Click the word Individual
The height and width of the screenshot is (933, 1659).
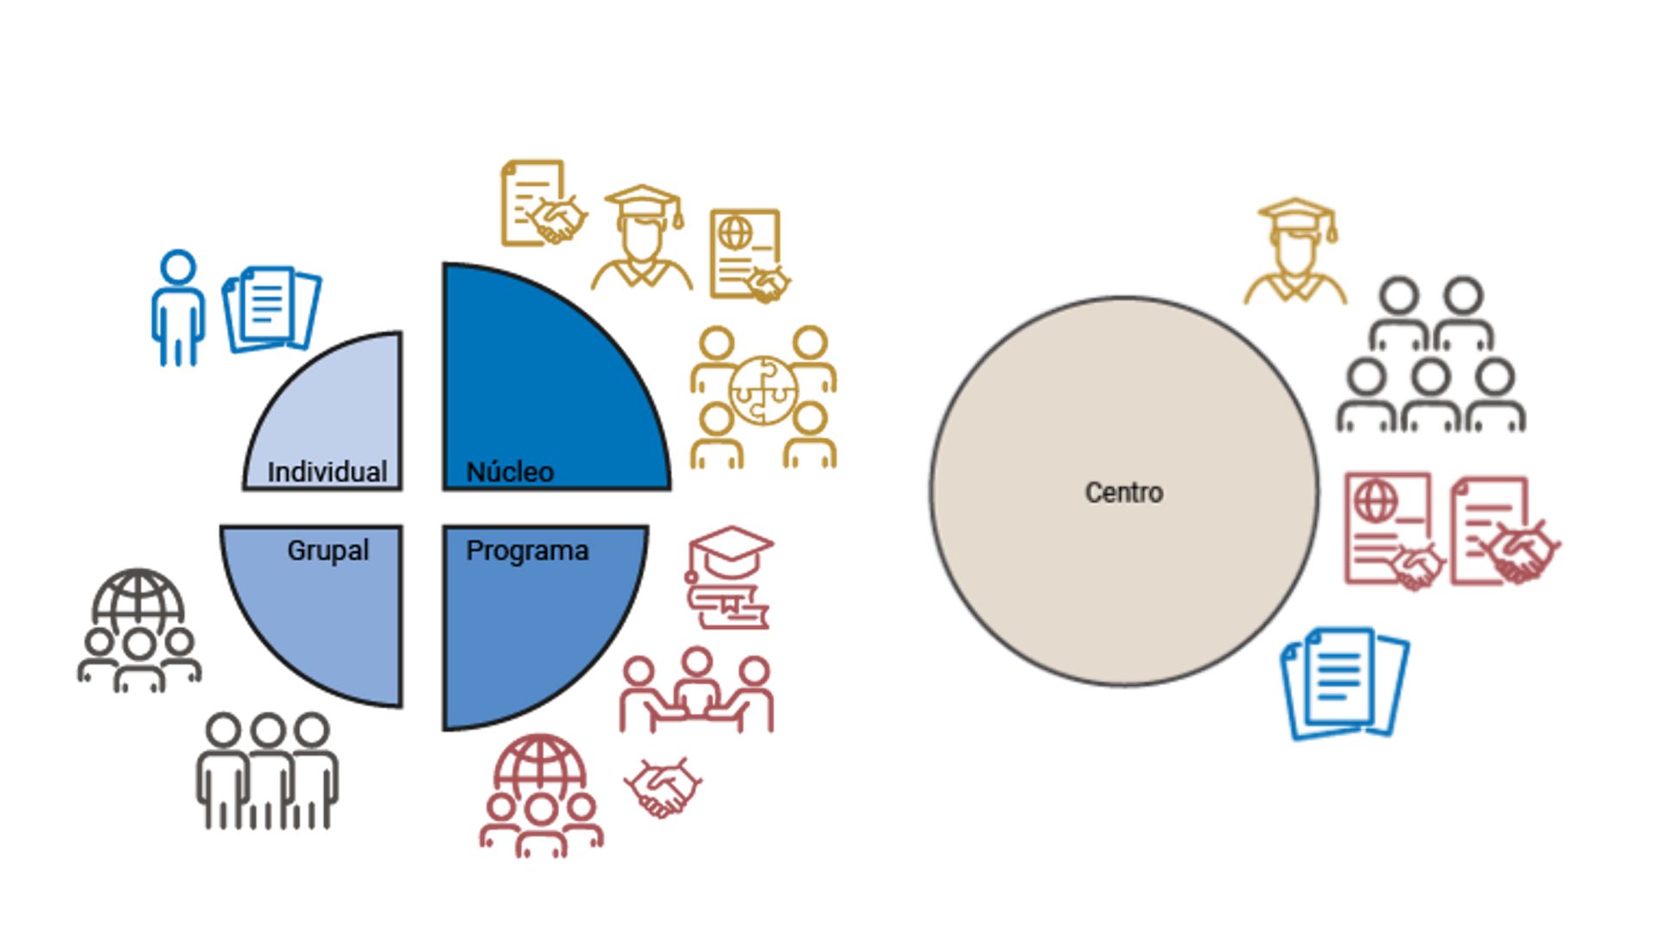[327, 472]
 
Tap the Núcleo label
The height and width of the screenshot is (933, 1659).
[510, 472]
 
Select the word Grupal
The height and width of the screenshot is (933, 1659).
[327, 550]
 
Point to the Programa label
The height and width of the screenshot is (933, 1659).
[527, 550]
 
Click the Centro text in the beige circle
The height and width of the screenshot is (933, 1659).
[1123, 492]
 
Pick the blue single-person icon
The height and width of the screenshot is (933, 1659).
[178, 308]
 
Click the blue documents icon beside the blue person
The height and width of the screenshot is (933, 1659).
[271, 308]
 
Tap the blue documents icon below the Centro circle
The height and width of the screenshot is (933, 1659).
[1344, 682]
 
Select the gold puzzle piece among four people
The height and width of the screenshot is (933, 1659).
[761, 390]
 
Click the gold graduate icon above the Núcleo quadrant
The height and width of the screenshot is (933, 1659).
[642, 238]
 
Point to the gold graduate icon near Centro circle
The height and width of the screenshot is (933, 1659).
[1295, 251]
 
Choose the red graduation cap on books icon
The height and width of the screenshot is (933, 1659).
[728, 577]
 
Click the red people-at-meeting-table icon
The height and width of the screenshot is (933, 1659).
[696, 691]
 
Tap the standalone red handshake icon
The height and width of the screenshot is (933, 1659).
[662, 787]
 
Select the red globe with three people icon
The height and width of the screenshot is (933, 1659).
[541, 796]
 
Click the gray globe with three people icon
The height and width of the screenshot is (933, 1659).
[138, 630]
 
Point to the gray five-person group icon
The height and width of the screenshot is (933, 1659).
[1430, 354]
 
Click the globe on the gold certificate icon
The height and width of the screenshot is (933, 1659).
[735, 232]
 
